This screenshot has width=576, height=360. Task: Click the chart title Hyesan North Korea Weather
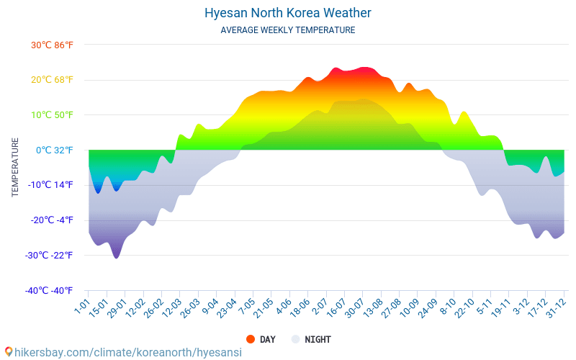coord(288,13)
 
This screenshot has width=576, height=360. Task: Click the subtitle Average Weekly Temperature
coord(288,30)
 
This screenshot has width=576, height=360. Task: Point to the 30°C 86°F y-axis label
coord(52,45)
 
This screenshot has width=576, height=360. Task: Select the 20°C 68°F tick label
coord(52,80)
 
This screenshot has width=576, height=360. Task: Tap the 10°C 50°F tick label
coord(52,115)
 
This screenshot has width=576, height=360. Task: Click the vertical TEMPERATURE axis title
coord(15,168)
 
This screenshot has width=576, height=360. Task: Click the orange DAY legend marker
coord(251,339)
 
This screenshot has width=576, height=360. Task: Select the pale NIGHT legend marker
coord(295,339)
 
